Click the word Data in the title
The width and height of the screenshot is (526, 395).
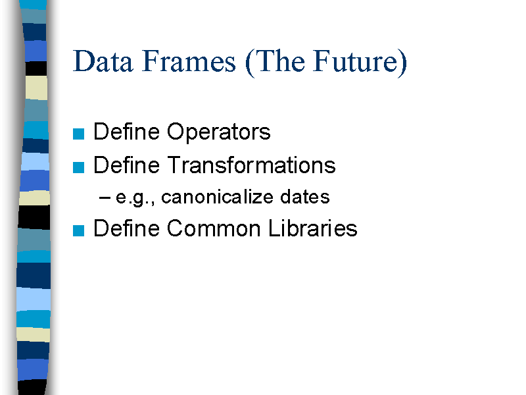tap(103, 61)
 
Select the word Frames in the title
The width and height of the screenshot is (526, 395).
tap(189, 61)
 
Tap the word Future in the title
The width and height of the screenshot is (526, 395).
tap(356, 61)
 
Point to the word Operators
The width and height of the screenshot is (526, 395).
tap(219, 132)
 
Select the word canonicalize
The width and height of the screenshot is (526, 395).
tap(218, 196)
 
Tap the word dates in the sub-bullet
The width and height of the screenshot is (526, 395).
tap(305, 196)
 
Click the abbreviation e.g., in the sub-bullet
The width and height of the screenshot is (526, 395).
tap(135, 197)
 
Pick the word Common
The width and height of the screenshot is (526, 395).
tap(214, 228)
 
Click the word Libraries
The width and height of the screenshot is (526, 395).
tap(313, 228)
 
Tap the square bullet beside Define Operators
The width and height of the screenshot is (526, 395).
tap(78, 134)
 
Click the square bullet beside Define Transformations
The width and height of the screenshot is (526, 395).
tap(78, 167)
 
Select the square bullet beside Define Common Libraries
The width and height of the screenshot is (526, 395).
tap(78, 231)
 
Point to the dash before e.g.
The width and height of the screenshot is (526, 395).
tap(105, 198)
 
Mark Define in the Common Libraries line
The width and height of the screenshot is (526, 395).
tap(126, 228)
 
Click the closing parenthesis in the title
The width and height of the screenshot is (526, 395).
tap(402, 63)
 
